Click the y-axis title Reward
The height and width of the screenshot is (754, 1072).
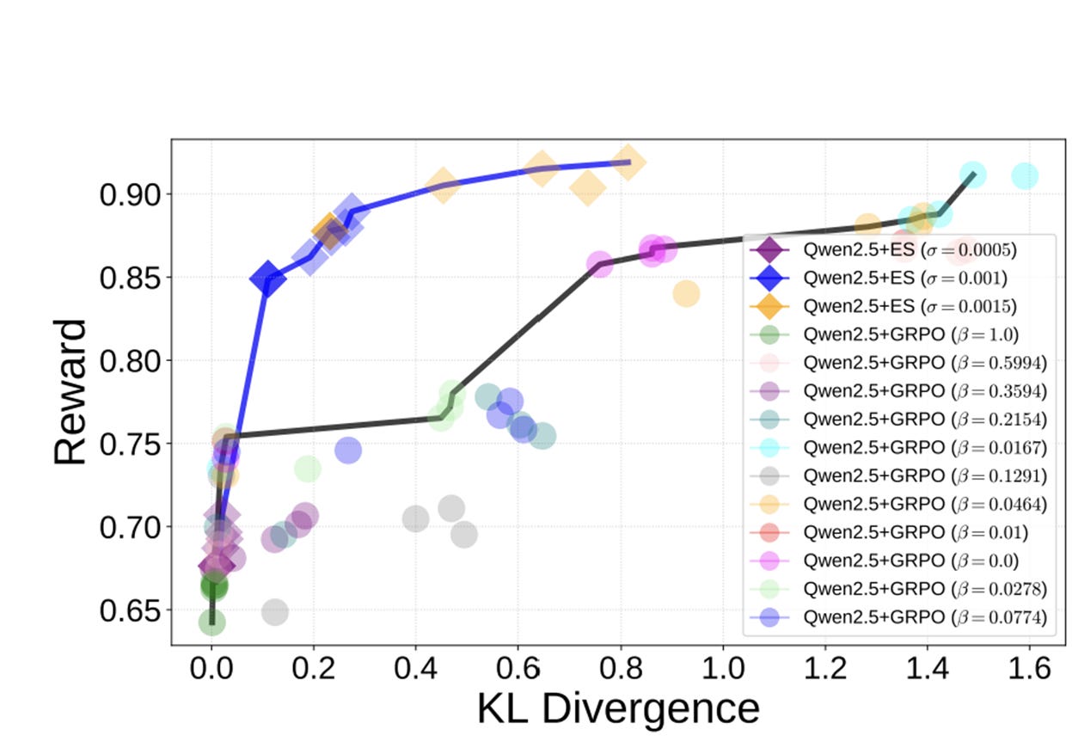70,391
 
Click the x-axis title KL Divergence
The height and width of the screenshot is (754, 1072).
618,708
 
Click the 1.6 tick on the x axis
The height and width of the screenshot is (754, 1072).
1029,666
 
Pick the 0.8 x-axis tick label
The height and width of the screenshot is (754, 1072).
620,666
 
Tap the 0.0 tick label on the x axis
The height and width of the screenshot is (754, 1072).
212,666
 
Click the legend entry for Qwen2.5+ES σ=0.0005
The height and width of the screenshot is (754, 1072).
898,250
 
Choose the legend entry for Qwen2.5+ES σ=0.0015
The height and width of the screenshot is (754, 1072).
898,306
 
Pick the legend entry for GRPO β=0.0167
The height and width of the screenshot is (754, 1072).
903,447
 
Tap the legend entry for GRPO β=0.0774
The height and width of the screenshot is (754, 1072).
903,617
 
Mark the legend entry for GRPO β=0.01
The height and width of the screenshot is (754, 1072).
894,532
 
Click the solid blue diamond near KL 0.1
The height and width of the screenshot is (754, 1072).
268,279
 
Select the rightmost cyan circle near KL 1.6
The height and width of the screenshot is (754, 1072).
1024,176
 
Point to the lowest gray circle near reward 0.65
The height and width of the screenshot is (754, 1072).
274,613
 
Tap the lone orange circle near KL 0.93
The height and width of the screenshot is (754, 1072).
686,294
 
